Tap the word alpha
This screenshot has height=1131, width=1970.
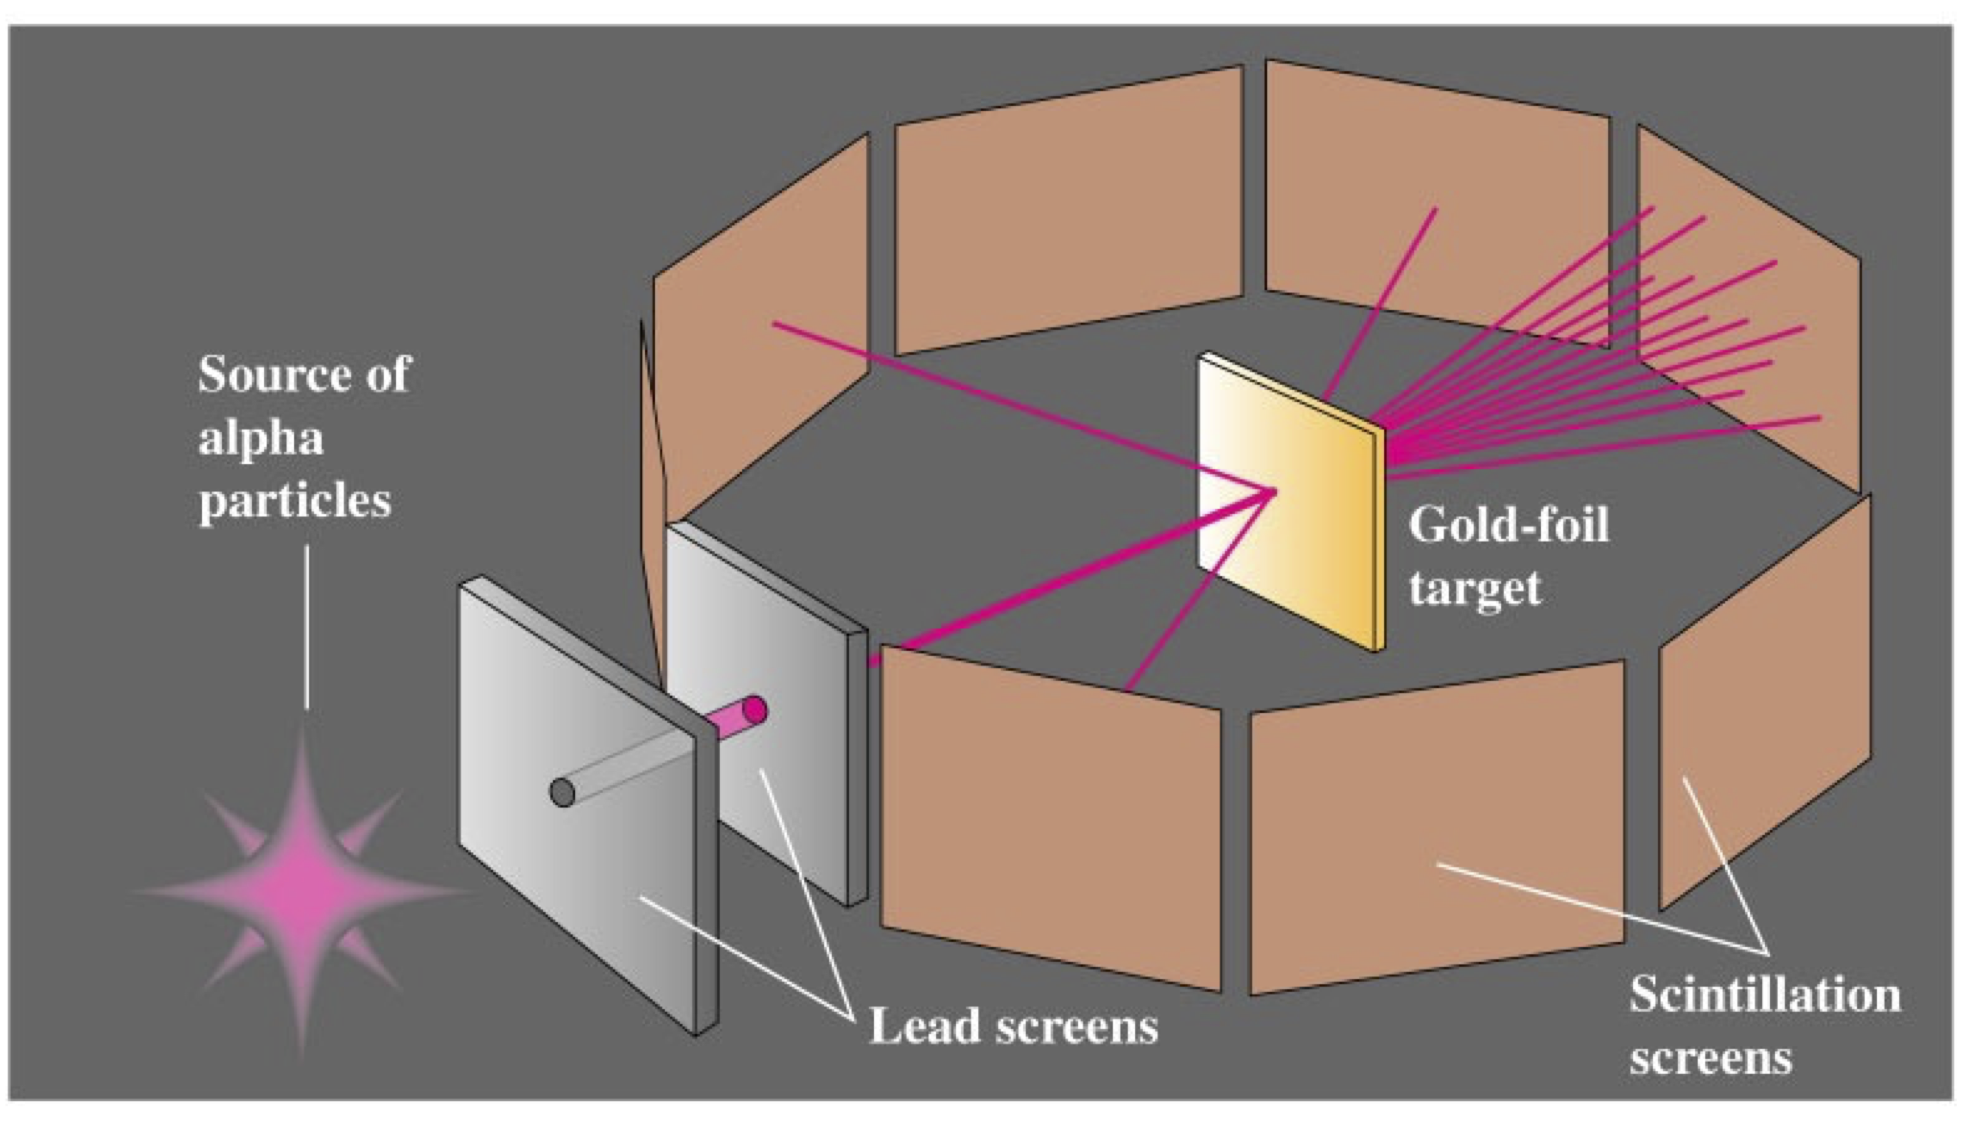260,439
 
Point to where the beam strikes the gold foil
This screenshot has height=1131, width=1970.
1273,491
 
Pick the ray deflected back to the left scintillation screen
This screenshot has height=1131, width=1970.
1010,404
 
